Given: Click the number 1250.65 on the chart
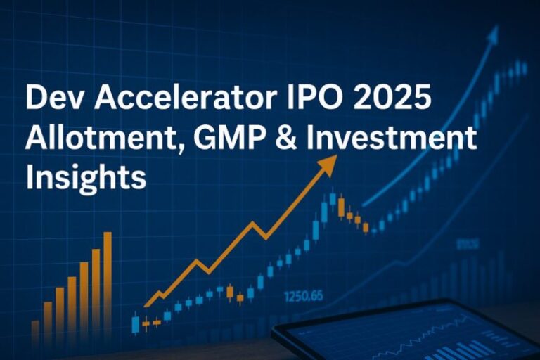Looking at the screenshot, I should coord(304,296).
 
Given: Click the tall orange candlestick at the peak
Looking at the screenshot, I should coord(341,207).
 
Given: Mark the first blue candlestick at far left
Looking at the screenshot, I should coord(135,323).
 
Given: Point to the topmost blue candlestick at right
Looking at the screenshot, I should coord(524,68).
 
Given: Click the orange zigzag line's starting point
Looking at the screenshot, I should coord(146,306).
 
